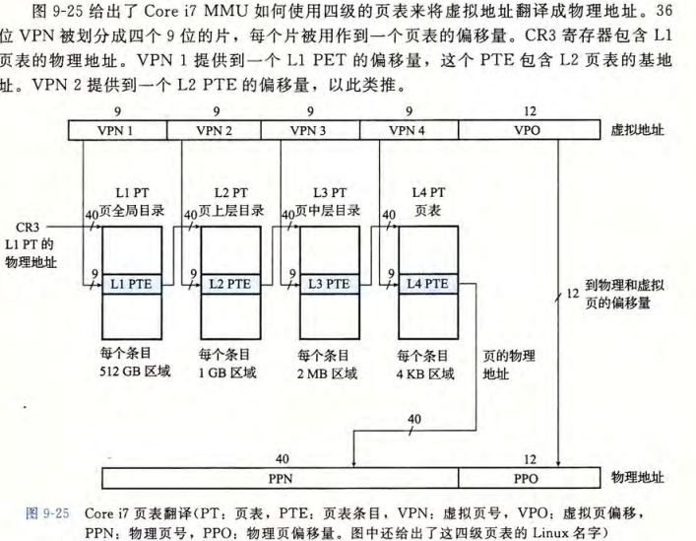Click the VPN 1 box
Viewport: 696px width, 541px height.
(x=117, y=130)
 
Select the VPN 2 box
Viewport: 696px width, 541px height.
(x=215, y=130)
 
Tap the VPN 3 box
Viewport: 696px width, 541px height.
(x=312, y=130)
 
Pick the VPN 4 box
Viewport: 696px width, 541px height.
(x=410, y=130)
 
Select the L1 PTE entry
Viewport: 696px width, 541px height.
(x=132, y=284)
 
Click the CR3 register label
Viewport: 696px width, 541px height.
(x=30, y=227)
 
